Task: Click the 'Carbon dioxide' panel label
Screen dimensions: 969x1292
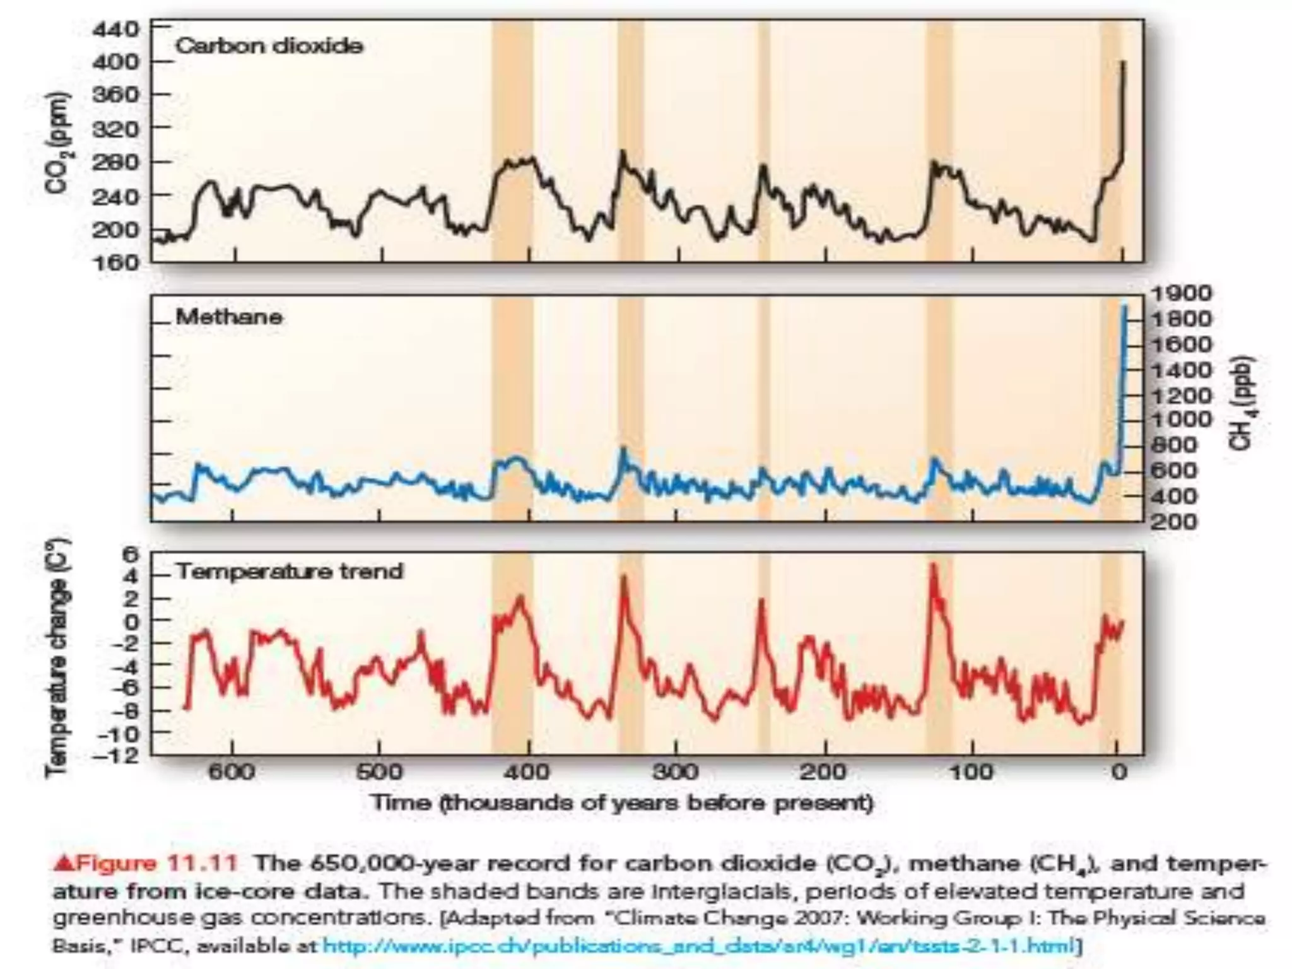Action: [269, 46]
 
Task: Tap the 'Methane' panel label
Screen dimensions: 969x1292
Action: [228, 317]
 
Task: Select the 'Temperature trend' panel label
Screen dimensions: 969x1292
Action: [289, 572]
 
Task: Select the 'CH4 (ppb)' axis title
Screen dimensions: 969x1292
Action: [1242, 404]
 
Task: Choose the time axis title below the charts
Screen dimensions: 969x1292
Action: [622, 803]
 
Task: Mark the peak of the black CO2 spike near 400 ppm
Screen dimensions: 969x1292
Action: [1122, 62]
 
